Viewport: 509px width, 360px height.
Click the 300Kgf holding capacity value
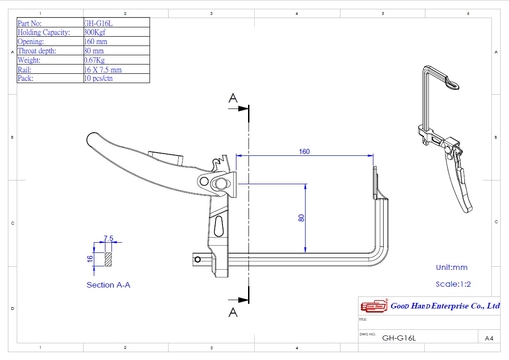(x=98, y=32)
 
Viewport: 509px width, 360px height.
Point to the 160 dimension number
(x=304, y=152)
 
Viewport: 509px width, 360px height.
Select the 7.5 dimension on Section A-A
(x=109, y=238)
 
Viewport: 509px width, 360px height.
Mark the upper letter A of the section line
(x=233, y=98)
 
